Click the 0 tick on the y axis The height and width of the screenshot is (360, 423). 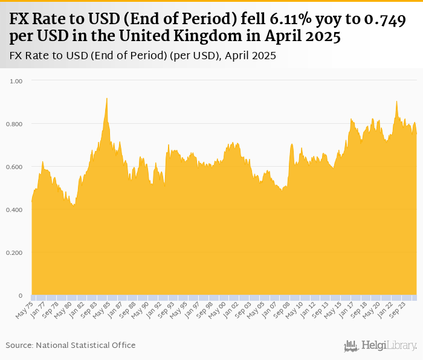pyautogui.click(x=21, y=296)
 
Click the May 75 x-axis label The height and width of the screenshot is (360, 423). pyautogui.click(x=24, y=309)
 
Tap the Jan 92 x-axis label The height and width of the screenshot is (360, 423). pyautogui.click(x=149, y=309)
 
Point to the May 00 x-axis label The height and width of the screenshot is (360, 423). pyautogui.click(x=212, y=309)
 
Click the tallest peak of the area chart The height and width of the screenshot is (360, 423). pyautogui.click(x=107, y=98)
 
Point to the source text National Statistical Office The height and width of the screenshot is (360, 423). pyautogui.click(x=86, y=345)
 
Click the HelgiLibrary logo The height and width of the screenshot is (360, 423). pyautogui.click(x=381, y=346)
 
